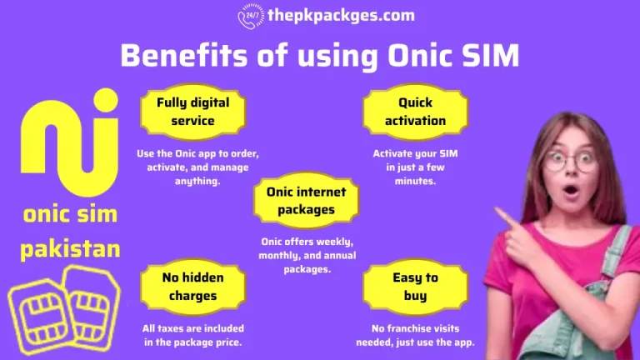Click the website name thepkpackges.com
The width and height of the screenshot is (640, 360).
pyautogui.click(x=340, y=16)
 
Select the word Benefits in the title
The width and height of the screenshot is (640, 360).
pyautogui.click(x=177, y=56)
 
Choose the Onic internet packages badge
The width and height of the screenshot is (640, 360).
pyautogui.click(x=300, y=201)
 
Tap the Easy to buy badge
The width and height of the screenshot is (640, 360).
pyautogui.click(x=415, y=286)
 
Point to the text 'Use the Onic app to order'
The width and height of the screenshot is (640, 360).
pyautogui.click(x=198, y=154)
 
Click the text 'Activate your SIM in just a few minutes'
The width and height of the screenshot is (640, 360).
pyautogui.click(x=415, y=167)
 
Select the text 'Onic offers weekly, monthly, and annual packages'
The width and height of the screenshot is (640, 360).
pyautogui.click(x=300, y=255)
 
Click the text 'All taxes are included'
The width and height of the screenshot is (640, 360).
pyautogui.click(x=192, y=328)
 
